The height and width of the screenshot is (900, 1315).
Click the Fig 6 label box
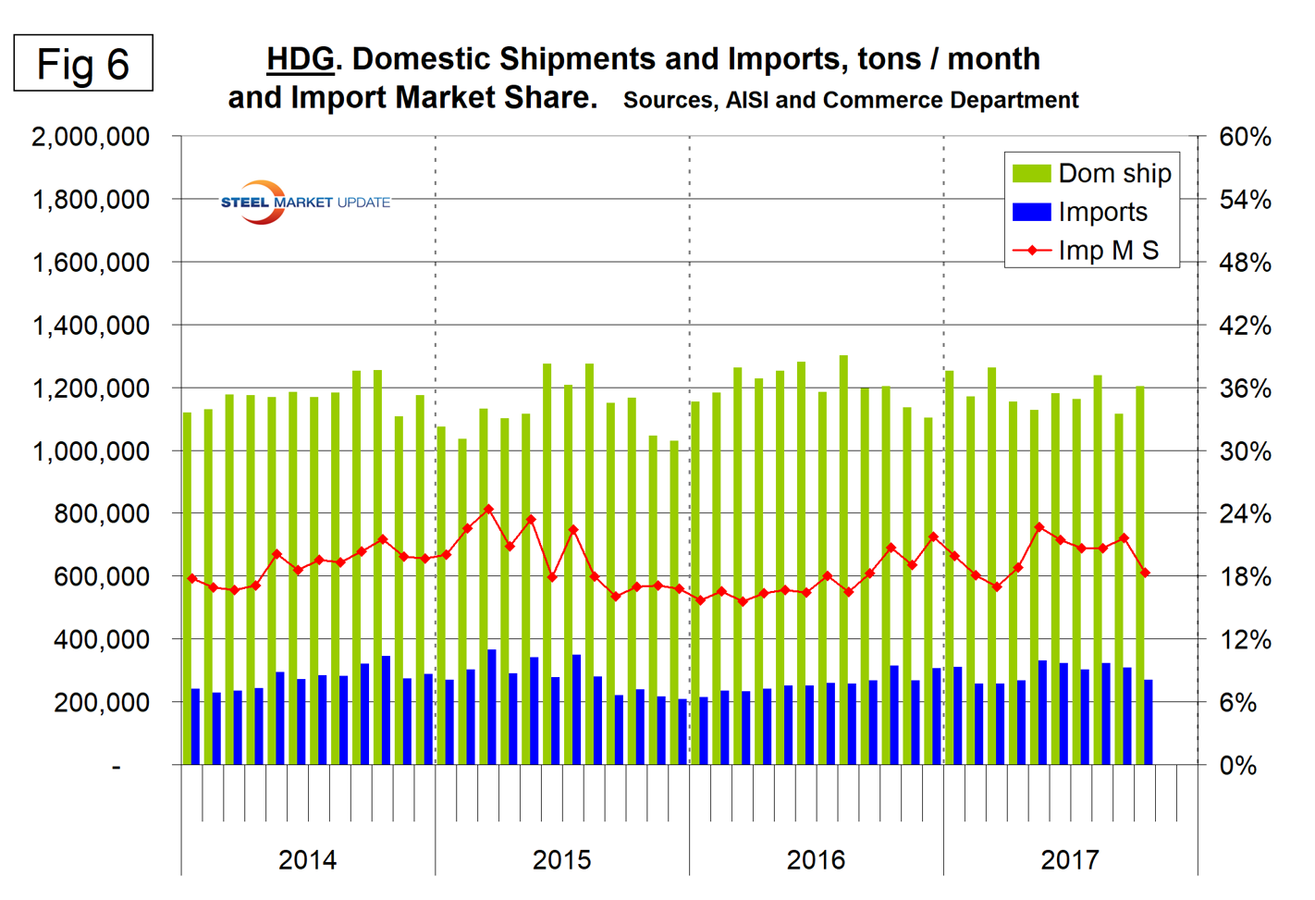(83, 64)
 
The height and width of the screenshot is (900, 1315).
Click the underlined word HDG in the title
(300, 59)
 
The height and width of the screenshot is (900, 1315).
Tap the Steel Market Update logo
(305, 202)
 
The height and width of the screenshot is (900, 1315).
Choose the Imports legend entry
(1081, 212)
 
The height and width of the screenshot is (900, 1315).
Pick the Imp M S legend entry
(1088, 251)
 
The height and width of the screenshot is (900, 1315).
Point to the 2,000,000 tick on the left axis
(91, 137)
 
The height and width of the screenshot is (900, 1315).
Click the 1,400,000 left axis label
(91, 326)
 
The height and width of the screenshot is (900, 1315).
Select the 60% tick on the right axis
(1245, 137)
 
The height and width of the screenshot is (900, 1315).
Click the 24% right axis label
(1245, 513)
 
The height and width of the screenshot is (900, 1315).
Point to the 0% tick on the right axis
(1237, 765)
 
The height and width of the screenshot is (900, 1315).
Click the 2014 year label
(307, 859)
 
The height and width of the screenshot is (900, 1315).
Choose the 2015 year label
(561, 859)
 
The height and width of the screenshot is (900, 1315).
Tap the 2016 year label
(816, 859)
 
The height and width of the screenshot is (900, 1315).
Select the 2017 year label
(1070, 859)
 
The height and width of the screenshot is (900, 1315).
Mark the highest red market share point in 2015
(488, 509)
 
